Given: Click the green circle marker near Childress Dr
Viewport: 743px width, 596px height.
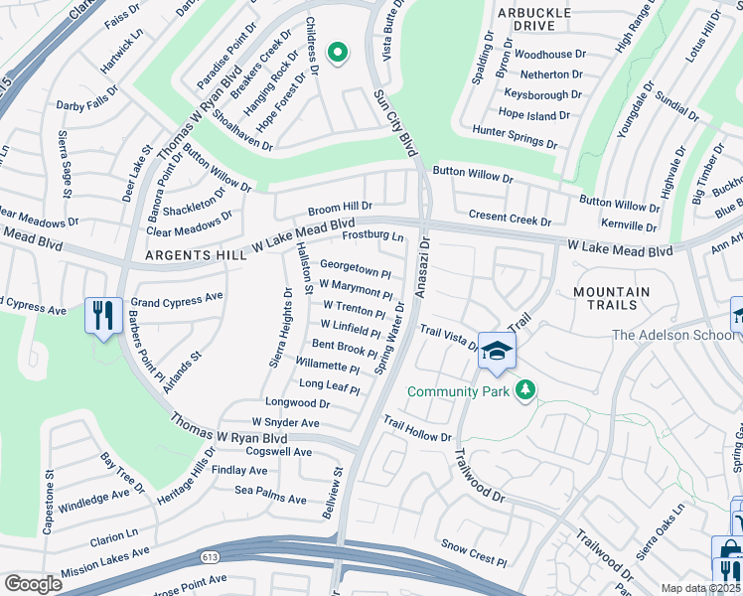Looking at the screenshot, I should click(x=337, y=52).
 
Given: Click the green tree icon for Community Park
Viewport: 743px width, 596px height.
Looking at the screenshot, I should click(x=525, y=391).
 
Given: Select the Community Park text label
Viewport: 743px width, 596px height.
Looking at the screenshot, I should click(x=457, y=391).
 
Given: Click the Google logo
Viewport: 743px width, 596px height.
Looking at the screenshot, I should click(x=33, y=584).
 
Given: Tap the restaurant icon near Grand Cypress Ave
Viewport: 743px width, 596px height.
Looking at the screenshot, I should click(x=103, y=316).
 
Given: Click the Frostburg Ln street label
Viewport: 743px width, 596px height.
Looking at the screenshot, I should click(x=372, y=236).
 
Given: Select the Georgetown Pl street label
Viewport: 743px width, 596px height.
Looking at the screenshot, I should click(x=356, y=269).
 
